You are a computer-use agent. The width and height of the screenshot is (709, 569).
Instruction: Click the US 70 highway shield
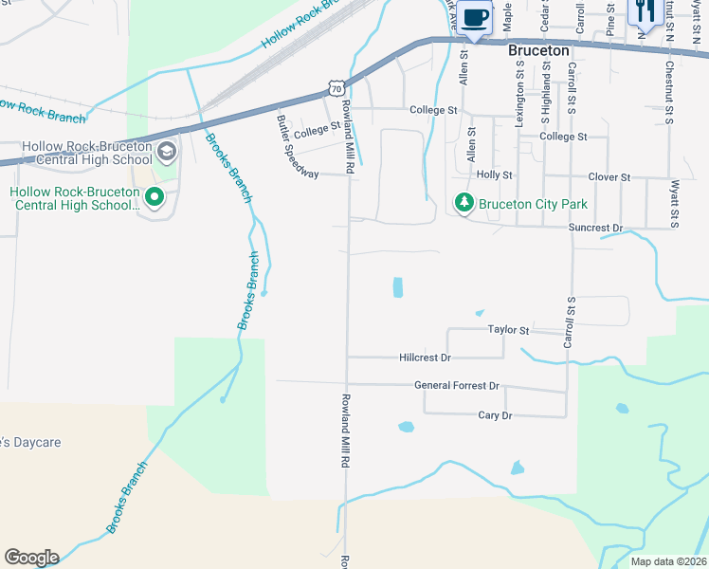click(x=336, y=88)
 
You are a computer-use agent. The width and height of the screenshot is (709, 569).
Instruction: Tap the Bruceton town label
click(x=538, y=50)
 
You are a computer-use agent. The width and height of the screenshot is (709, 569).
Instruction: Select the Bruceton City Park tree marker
click(x=464, y=203)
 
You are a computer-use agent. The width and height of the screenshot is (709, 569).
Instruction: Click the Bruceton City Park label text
click(x=533, y=204)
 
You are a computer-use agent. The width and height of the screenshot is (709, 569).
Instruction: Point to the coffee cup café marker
click(x=476, y=17)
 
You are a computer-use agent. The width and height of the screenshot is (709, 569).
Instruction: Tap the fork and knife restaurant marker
click(x=644, y=12)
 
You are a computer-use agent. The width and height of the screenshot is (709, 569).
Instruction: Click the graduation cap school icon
click(x=167, y=151)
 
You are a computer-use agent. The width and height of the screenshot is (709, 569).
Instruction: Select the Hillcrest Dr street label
click(x=426, y=358)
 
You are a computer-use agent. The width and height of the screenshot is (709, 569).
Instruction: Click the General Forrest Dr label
click(x=456, y=386)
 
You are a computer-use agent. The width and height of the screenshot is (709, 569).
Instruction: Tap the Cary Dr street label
click(x=495, y=415)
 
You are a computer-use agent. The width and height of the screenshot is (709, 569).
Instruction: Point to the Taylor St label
click(x=508, y=330)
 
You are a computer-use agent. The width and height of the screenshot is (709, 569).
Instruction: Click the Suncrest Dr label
click(x=595, y=229)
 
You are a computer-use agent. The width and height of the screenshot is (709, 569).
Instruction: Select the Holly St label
click(x=494, y=175)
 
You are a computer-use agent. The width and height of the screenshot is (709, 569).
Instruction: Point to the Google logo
click(x=31, y=558)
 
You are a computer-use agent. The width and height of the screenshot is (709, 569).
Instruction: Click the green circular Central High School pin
click(x=151, y=198)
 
